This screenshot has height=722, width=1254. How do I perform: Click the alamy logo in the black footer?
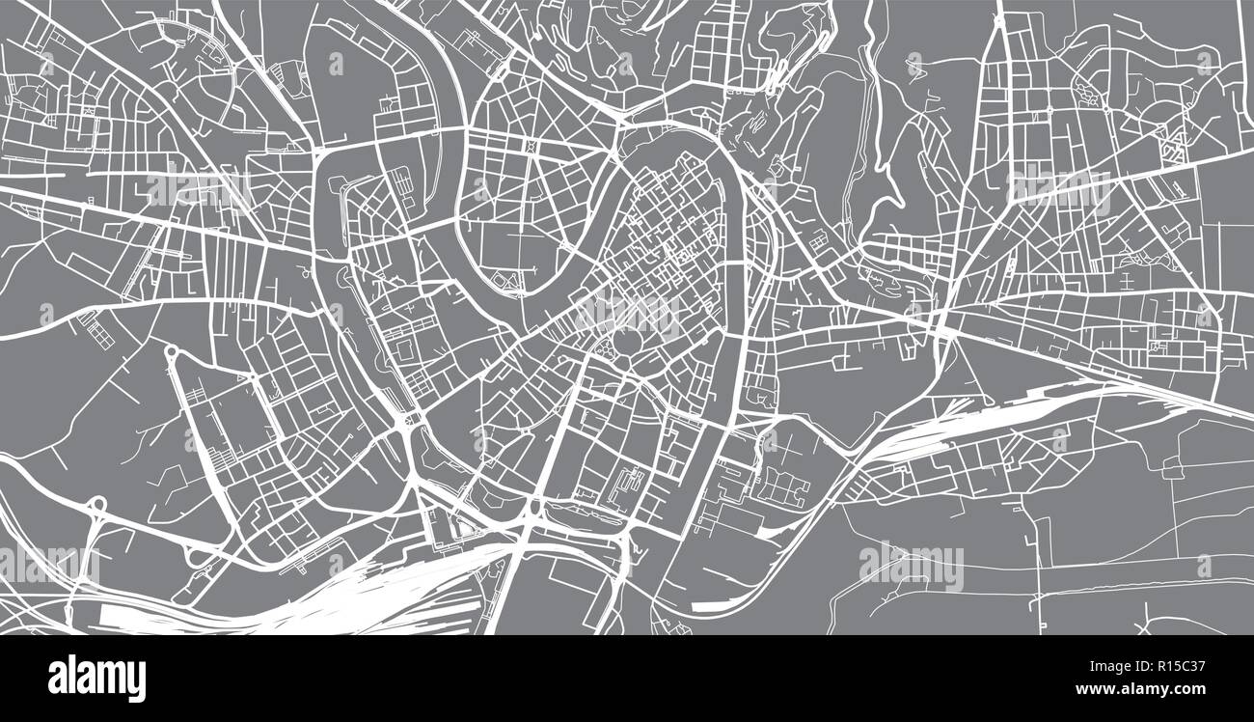(x=96, y=678)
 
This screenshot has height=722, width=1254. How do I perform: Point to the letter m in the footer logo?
(x=110, y=678)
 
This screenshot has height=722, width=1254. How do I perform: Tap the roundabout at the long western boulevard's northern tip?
(x=172, y=353)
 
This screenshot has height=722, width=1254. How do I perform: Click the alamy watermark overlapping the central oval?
(x=627, y=314)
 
